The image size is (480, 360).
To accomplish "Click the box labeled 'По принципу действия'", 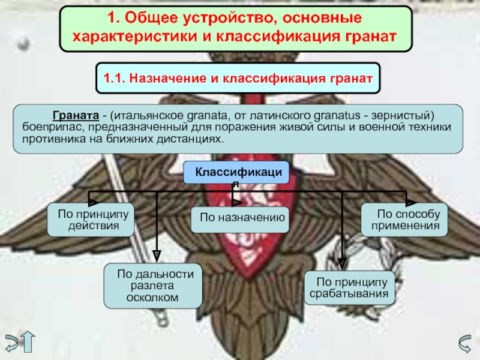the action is (89, 220).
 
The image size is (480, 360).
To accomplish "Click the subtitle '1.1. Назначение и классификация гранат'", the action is (238, 78).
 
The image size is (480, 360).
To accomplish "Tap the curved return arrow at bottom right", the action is (463, 343).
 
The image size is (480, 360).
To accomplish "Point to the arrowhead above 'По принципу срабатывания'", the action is (342, 263).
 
